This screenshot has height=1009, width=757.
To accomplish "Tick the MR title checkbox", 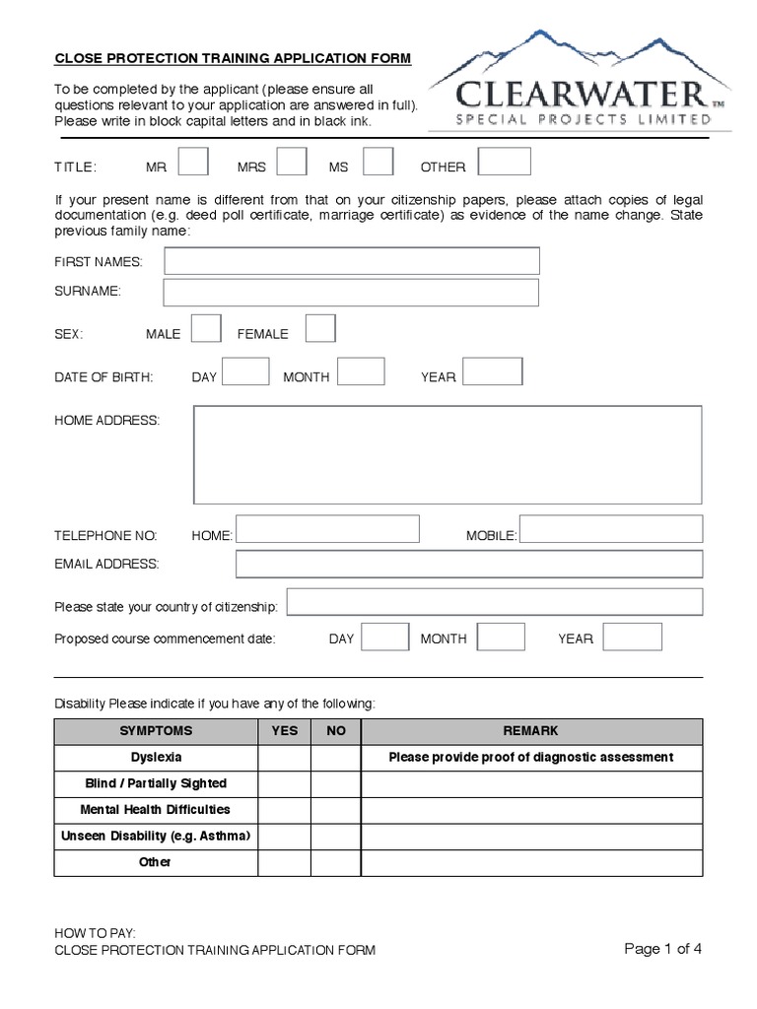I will pos(192,161).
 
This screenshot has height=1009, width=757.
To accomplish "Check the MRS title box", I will pos(292,161).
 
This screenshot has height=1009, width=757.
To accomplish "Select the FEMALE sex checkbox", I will pos(320,328).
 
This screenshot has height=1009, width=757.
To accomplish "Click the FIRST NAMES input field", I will pos(352,260).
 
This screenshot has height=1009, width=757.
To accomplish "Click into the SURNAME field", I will pos(352,293).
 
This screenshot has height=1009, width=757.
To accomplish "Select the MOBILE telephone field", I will pos(611,529).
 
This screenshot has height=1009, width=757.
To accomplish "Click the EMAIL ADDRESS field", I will pos(469,564).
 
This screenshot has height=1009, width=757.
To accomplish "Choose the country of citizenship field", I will pos(495,602).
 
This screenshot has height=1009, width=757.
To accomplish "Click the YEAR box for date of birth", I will pos(492,371).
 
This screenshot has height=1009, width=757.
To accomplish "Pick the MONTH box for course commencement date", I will pos(501,637).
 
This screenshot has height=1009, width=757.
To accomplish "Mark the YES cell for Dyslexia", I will pos(285,758).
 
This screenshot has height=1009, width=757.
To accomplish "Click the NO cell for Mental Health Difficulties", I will pos(336,810).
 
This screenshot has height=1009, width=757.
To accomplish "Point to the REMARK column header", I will pos(530,731).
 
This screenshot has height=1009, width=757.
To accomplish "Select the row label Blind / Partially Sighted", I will pos(156,783).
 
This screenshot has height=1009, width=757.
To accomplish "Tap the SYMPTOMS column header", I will pos(156,731).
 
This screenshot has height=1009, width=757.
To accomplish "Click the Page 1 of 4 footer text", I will pos(663,949).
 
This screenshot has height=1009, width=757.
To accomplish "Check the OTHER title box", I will pos(504,161).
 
